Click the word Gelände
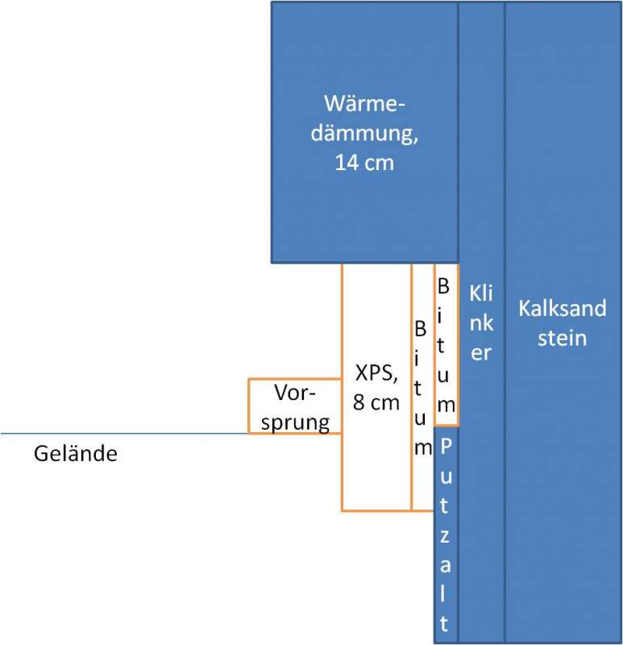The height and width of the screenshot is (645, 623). coord(76,454)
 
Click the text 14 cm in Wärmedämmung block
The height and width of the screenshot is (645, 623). coord(364,162)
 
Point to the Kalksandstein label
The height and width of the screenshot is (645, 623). coord(563,322)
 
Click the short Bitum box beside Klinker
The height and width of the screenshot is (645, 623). coord(446,344)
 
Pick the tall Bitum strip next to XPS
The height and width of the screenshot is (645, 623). coord(422,387)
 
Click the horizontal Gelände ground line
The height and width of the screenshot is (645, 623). coord(121,434)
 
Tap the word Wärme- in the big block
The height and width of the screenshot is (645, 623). coord(364,104)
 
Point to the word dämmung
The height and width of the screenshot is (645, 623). coord(364,133)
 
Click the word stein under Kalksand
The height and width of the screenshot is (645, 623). coord(563,337)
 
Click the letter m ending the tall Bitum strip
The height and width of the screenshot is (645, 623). coord(422,449)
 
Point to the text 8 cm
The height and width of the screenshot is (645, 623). coord(376,402)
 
